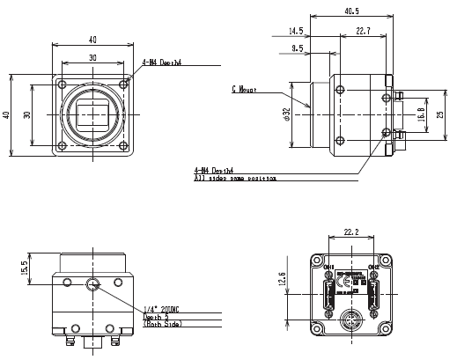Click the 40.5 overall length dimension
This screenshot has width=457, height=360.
[352, 11]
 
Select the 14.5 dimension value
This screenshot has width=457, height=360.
[296, 32]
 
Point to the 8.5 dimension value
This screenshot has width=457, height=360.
[300, 49]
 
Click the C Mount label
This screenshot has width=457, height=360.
[245, 89]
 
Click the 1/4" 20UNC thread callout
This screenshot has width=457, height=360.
[161, 310]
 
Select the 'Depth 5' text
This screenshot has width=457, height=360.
[156, 317]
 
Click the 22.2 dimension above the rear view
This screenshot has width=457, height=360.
[351, 231]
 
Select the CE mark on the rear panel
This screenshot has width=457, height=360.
[350, 284]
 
